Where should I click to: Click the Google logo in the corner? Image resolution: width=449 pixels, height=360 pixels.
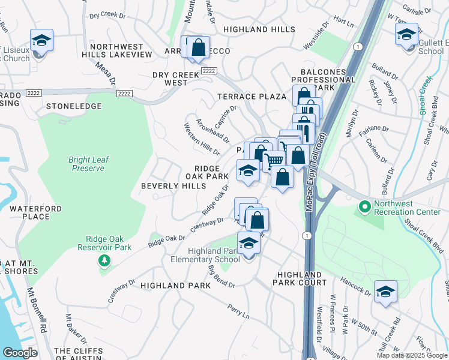point(19,353)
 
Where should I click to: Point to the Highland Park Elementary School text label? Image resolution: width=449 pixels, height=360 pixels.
point(205,255)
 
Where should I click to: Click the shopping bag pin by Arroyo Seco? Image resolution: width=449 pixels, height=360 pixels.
point(199,47)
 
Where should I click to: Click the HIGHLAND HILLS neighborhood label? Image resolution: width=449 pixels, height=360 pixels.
point(259,29)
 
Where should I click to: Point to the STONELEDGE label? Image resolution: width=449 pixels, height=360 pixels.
point(74,106)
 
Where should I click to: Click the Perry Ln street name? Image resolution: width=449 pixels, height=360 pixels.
point(238,313)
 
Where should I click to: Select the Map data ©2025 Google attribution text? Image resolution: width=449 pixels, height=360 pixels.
point(411,355)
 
